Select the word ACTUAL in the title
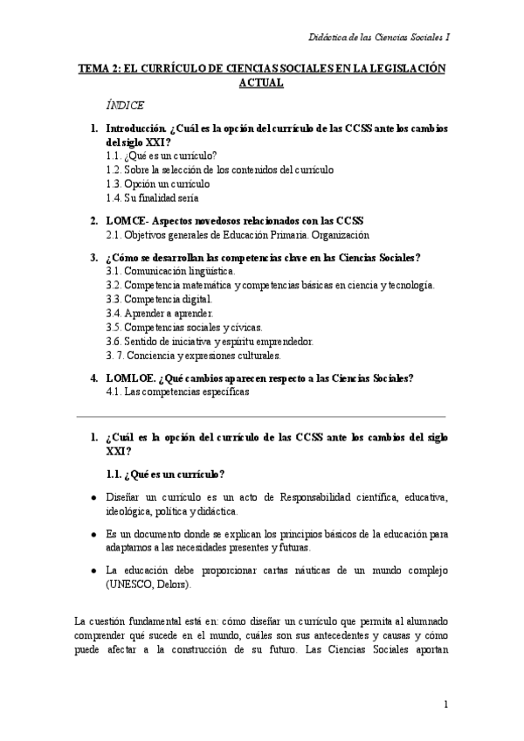(x=261, y=85)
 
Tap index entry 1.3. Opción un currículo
(x=157, y=184)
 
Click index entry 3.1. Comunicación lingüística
(x=170, y=272)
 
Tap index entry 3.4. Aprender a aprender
(x=159, y=313)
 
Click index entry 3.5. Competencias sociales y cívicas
(x=183, y=327)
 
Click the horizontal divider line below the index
(x=261, y=416)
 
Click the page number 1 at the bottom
(x=445, y=703)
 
